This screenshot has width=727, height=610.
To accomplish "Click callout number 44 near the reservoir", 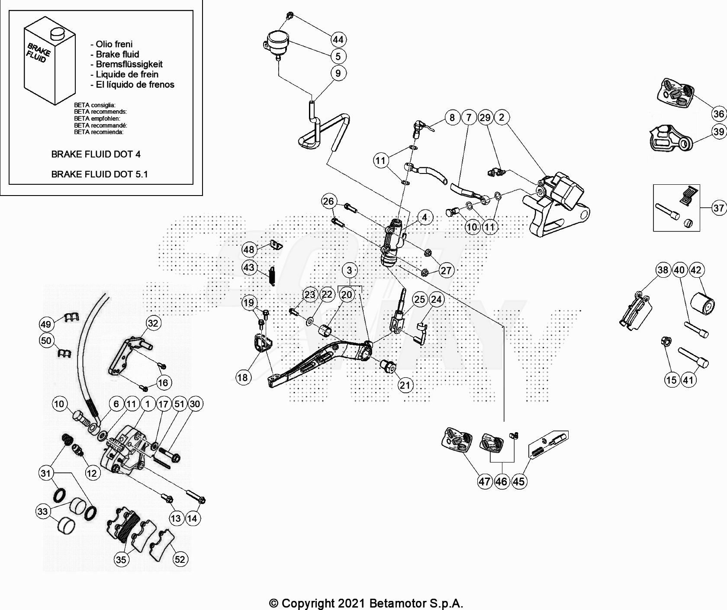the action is pyautogui.click(x=338, y=39).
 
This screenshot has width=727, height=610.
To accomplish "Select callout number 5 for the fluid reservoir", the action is pyautogui.click(x=338, y=56).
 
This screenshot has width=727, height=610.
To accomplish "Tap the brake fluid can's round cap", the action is pyautogui.click(x=57, y=34).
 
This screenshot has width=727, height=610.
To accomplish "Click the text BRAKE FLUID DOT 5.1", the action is pyautogui.click(x=100, y=174).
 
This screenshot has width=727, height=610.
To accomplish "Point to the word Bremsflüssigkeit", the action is pyautogui.click(x=129, y=64).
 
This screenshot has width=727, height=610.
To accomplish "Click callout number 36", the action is pyautogui.click(x=719, y=114).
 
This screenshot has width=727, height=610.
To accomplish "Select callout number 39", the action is pyautogui.click(x=719, y=132).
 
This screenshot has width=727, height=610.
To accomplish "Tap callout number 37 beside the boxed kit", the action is pyautogui.click(x=719, y=208).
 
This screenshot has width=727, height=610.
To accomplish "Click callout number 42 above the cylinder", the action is pyautogui.click(x=696, y=270).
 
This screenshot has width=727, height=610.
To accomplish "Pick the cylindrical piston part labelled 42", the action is pyautogui.click(x=702, y=303).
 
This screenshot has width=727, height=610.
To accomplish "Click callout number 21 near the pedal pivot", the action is pyautogui.click(x=405, y=385).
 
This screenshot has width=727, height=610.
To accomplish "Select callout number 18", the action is pyautogui.click(x=242, y=377).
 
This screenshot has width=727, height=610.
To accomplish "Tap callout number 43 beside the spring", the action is pyautogui.click(x=249, y=267).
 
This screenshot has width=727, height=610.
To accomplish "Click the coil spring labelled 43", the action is pyautogui.click(x=272, y=276).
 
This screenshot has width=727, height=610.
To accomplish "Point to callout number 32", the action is pyautogui.click(x=153, y=323).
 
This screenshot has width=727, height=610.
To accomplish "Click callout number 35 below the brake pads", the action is pyautogui.click(x=121, y=559).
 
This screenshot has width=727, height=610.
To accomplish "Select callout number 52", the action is pyautogui.click(x=180, y=559).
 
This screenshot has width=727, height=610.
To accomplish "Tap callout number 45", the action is pyautogui.click(x=518, y=481).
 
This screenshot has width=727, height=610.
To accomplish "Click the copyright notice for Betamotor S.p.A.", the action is pyautogui.click(x=366, y=603).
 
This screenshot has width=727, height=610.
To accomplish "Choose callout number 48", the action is pyautogui.click(x=249, y=250).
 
